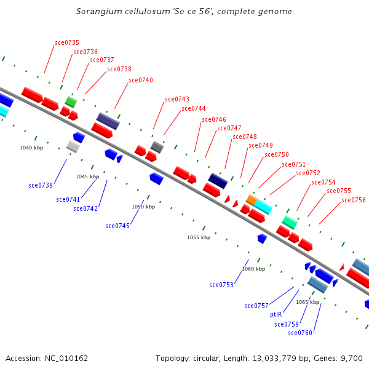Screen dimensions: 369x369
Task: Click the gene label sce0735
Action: [x=67, y=42]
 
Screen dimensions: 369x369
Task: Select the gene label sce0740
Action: [x=141, y=80]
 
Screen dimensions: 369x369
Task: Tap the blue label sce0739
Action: [x=41, y=185]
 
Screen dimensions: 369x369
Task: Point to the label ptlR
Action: [x=276, y=314]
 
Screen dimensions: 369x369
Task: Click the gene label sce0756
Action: [x=354, y=200]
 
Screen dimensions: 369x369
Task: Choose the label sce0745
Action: [x=117, y=226]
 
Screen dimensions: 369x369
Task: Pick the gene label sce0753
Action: [x=221, y=285]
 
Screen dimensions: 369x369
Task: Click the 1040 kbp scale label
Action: [x=31, y=148]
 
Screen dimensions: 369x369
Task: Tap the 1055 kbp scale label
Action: [x=199, y=237]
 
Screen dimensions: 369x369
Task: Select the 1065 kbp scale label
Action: [x=307, y=302]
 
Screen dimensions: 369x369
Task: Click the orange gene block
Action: [x=251, y=200]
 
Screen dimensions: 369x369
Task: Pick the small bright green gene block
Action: [x=71, y=101]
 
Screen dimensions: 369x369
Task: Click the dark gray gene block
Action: [x=157, y=147]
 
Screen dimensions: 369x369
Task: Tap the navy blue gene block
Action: [x=218, y=180]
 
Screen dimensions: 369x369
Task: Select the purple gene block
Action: [x=108, y=121]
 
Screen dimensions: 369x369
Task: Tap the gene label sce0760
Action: [x=300, y=333]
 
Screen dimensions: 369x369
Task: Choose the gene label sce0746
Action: [x=214, y=119]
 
